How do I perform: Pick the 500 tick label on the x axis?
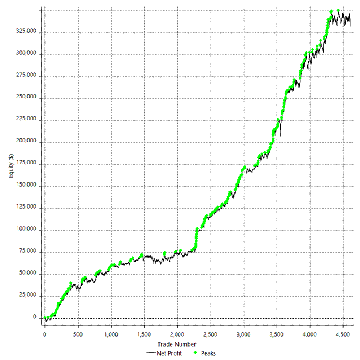pyautogui.click(x=78, y=335)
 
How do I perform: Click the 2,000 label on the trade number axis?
pyautogui.click(x=177, y=335)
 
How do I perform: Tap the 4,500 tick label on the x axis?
pyautogui.click(x=343, y=335)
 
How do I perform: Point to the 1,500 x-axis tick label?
pyautogui.click(x=144, y=335)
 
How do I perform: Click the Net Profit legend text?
pyautogui.click(x=169, y=353)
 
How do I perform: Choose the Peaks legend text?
pyautogui.click(x=208, y=353)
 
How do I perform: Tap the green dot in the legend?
pyautogui.click(x=196, y=353)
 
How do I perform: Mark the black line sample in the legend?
pyautogui.click(x=151, y=353)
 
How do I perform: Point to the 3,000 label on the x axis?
pyautogui.click(x=243, y=335)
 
